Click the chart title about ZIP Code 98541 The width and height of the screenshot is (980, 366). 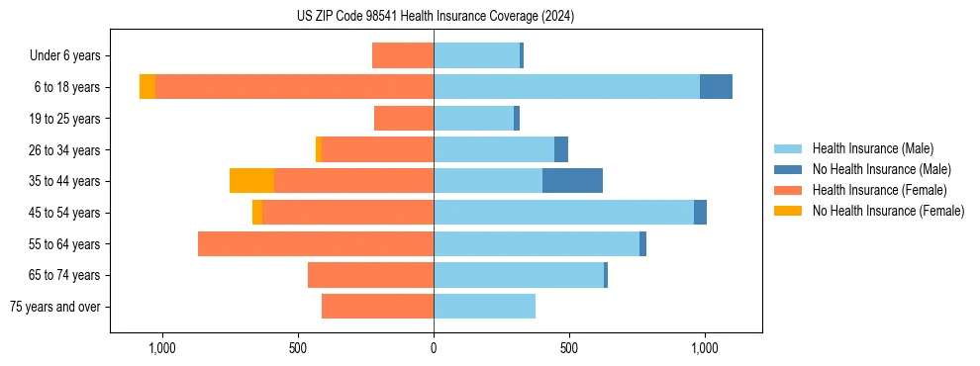[435, 17]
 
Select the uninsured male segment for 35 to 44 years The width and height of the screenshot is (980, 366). [572, 181]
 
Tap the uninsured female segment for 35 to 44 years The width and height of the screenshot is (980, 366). [251, 181]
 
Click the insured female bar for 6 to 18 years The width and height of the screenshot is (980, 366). [294, 87]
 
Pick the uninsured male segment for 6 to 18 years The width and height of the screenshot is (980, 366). [716, 87]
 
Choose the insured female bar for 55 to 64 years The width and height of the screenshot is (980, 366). [316, 243]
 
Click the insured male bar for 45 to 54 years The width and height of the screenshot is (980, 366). [563, 213]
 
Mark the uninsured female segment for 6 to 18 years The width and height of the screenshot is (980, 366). [147, 87]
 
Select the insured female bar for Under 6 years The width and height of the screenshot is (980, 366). [403, 55]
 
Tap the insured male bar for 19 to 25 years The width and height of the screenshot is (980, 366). [473, 119]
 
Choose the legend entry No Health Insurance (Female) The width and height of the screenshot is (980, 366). [888, 211]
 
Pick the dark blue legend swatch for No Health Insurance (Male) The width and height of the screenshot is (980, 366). [788, 169]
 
